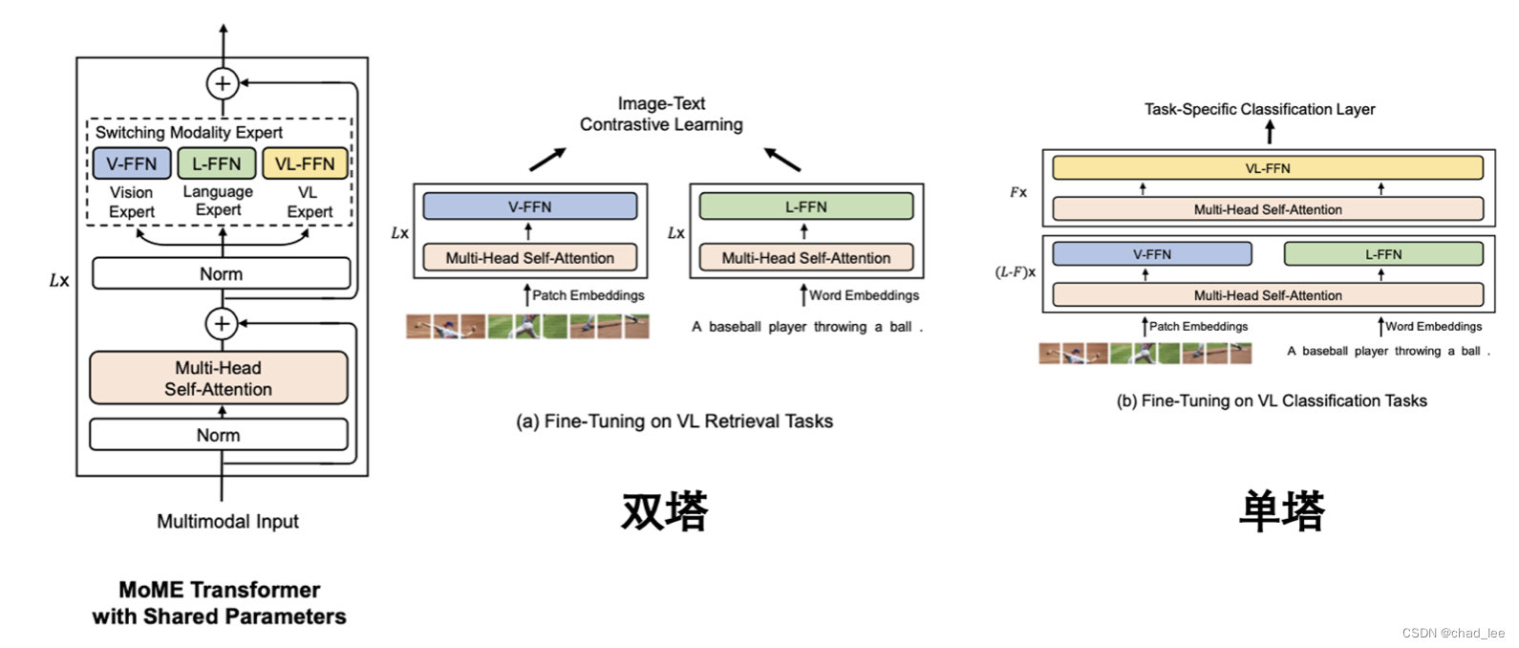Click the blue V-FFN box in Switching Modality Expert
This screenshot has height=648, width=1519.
[x=132, y=163]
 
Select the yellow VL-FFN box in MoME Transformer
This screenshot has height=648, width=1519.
[x=305, y=163]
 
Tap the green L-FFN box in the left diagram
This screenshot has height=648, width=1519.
[x=217, y=163]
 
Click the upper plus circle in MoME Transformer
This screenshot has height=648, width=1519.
[x=223, y=83]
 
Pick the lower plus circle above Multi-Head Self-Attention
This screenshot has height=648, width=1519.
[x=222, y=323]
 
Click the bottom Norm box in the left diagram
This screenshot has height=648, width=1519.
[x=219, y=435]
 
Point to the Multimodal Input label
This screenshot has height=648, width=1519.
[x=227, y=522]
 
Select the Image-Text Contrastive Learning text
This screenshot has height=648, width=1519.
[x=661, y=114]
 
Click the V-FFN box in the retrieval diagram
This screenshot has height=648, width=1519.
[x=530, y=206]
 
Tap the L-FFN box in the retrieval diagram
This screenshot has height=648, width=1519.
[x=806, y=206]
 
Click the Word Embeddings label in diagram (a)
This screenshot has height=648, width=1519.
[x=864, y=295]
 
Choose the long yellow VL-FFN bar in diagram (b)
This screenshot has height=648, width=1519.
[x=1268, y=168]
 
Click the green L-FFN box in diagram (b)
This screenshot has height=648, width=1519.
[x=1383, y=254]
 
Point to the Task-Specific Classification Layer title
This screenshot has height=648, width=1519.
[x=1260, y=109]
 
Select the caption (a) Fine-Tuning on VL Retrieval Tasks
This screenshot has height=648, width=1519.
[x=674, y=421]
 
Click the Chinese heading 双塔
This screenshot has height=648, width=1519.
[x=665, y=510]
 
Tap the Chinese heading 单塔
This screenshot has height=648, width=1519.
[x=1282, y=510]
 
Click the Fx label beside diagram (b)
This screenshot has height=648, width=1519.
[x=1018, y=192]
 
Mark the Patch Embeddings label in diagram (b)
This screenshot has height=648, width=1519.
[x=1198, y=326]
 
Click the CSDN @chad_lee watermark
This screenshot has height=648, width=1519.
[x=1453, y=633]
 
